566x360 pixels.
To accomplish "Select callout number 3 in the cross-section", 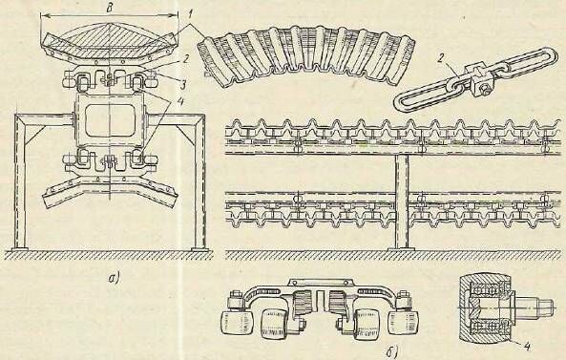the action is tap(183, 86).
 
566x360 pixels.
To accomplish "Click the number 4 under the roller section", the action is tap(527, 347).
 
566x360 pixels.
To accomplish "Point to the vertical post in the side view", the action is tap(402, 201).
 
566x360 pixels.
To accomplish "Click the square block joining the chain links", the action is tap(473, 77).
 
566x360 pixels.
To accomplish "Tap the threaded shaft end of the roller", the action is tap(537, 307).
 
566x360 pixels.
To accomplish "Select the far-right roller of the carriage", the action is tap(403, 322).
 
